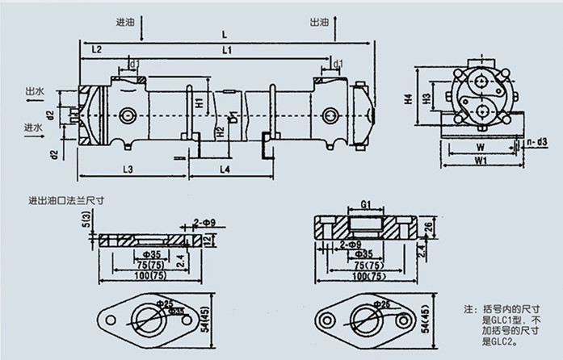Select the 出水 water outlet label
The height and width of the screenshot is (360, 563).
click(34, 90)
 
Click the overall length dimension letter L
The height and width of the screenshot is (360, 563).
click(224, 34)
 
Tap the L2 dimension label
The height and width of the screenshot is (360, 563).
click(95, 50)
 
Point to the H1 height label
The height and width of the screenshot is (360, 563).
click(200, 103)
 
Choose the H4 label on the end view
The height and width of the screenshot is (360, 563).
click(409, 100)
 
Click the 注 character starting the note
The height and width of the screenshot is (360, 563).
click(468, 309)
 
